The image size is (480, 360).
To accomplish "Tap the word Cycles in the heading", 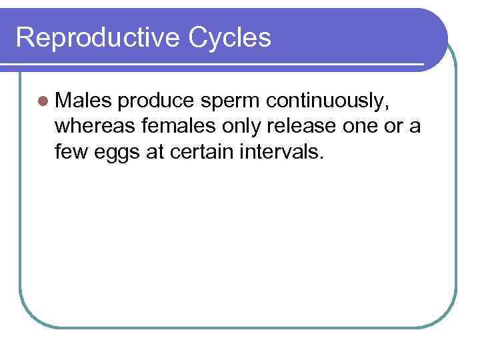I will [230, 38].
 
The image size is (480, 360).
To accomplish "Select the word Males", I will [84, 100].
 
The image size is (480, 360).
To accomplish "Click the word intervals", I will [284, 152].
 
